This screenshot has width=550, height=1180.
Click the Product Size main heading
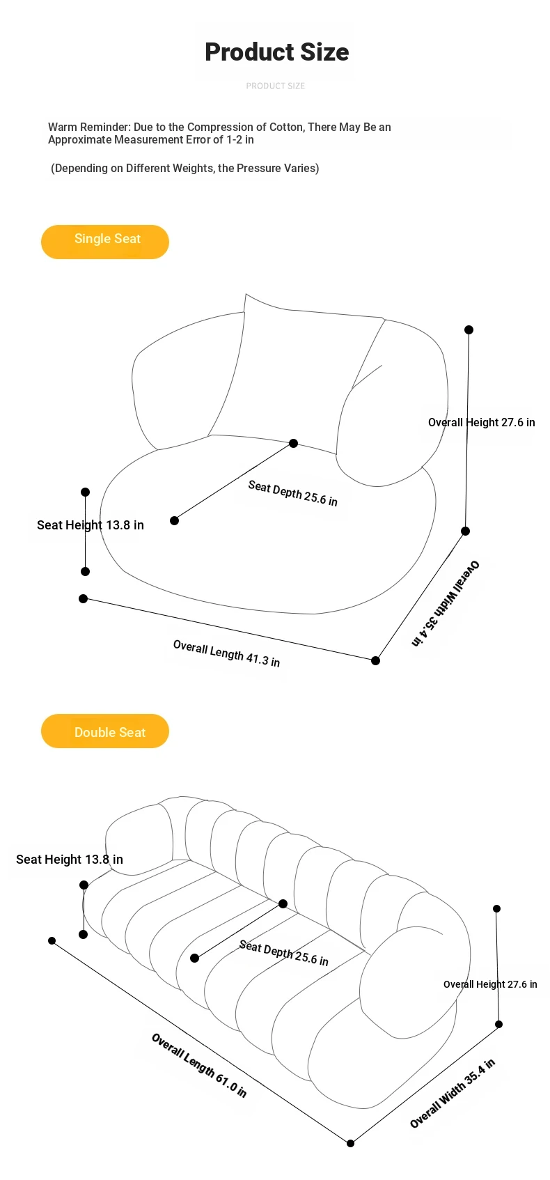(x=276, y=52)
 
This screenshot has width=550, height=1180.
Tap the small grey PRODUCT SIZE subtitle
(x=275, y=86)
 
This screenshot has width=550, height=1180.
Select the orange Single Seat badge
(x=104, y=242)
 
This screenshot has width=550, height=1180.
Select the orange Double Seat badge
(x=104, y=731)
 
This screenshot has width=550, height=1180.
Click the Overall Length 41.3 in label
(x=226, y=653)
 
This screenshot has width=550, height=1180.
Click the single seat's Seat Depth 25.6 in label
(x=292, y=493)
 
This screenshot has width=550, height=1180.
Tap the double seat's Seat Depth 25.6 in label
(x=283, y=952)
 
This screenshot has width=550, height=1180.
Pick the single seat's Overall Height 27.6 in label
(x=482, y=423)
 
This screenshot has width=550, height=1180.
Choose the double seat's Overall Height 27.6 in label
(x=490, y=984)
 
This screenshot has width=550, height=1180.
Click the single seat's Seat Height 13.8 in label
(x=90, y=525)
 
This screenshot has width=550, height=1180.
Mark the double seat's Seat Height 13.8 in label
(x=70, y=859)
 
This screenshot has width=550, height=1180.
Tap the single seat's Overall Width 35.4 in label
(x=446, y=603)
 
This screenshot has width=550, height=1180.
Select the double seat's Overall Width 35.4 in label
(x=453, y=1094)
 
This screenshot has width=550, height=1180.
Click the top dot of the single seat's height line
(x=469, y=329)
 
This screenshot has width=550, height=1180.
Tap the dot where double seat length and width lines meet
(x=350, y=1143)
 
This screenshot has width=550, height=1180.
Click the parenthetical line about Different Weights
(x=184, y=168)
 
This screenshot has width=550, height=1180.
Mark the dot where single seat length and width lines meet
(x=376, y=660)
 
